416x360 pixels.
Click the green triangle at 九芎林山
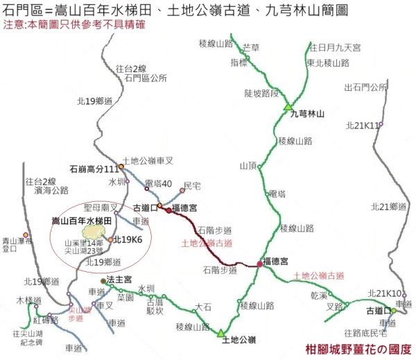[288, 108]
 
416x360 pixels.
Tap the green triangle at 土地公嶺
[221, 332]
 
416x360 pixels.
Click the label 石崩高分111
[94, 169]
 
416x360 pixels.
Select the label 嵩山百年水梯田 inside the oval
[82, 220]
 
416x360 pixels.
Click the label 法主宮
[119, 280]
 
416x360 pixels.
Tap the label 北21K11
[362, 126]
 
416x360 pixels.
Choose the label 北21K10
[385, 293]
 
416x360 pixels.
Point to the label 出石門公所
[365, 87]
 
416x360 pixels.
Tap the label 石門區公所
[145, 78]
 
